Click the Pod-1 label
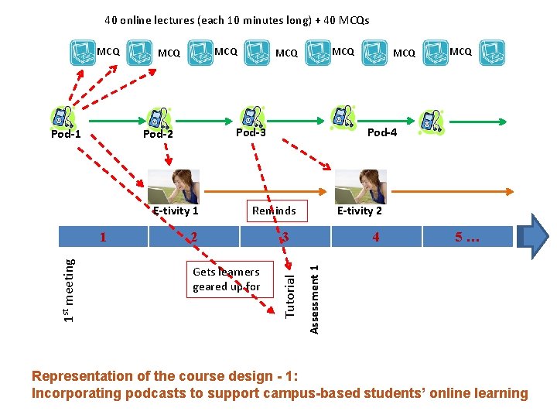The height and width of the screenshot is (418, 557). click(x=66, y=134)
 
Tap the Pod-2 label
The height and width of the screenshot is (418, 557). click(x=158, y=134)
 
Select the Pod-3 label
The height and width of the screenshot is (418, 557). click(x=251, y=132)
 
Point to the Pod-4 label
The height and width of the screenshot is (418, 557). click(x=382, y=132)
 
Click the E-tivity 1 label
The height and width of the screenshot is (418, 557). click(x=176, y=211)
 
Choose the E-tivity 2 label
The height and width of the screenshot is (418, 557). click(x=360, y=211)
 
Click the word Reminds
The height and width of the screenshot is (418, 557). click(x=274, y=211)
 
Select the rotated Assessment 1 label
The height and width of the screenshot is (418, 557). click(x=314, y=299)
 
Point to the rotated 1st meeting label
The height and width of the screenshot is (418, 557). click(x=70, y=290)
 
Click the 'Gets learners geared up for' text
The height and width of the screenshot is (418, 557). click(x=226, y=279)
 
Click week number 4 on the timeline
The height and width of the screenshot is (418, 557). click(x=376, y=237)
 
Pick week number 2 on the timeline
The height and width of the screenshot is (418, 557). click(x=194, y=237)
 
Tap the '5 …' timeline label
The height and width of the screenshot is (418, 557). click(x=468, y=237)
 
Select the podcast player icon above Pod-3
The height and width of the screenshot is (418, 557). click(x=251, y=115)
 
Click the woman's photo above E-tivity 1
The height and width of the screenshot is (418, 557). click(x=173, y=187)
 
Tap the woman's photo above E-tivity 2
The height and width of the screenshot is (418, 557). click(x=361, y=187)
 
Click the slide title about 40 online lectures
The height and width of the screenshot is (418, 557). click(x=237, y=20)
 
